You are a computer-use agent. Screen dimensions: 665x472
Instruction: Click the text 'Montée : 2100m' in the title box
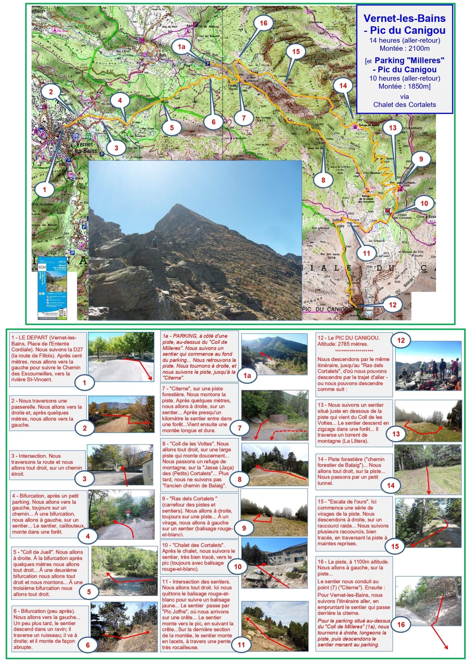404,48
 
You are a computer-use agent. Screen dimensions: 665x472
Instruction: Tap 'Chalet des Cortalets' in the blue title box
404,104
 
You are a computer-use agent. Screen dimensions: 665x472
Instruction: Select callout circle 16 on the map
263,23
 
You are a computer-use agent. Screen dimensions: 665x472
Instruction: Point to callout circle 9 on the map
421,159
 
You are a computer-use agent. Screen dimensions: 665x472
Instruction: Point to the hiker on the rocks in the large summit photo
155,242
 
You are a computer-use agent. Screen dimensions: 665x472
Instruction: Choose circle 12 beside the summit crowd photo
401,340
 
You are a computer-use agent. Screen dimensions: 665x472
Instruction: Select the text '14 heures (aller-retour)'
404,40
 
